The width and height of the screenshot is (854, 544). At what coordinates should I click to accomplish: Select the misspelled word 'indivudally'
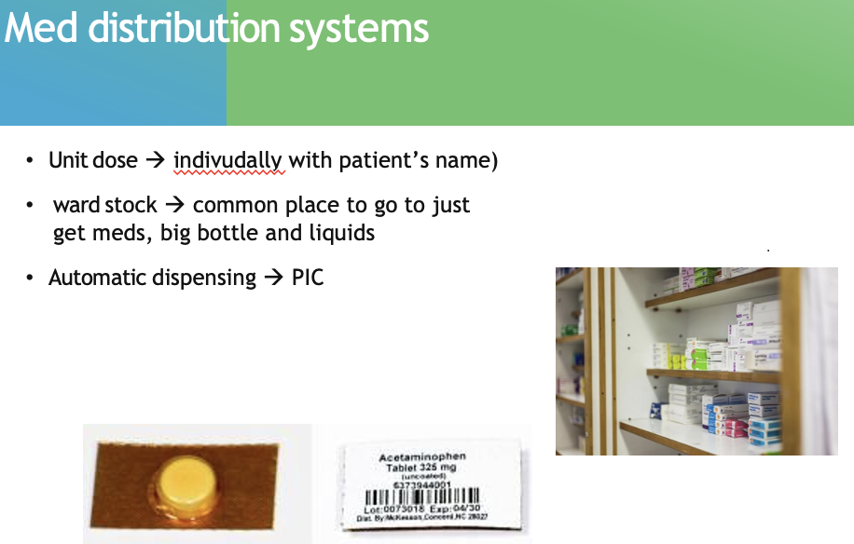(228, 160)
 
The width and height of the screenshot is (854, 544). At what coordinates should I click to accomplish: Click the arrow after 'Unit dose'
(155, 160)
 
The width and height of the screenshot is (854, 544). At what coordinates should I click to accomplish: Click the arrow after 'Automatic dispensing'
(273, 278)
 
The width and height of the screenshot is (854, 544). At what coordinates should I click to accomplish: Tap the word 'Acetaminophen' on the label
(421, 457)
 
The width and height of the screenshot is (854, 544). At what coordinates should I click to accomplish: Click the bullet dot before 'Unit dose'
(32, 161)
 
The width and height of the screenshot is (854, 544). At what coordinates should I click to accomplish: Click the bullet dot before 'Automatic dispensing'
(32, 279)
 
